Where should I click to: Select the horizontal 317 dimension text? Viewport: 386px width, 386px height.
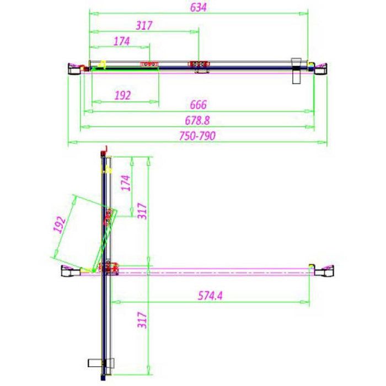pos(143,25)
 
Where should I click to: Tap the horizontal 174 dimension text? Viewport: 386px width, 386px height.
pos(121,41)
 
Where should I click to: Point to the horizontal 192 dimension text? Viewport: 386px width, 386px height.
pos(122,95)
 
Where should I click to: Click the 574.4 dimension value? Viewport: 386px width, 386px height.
pos(211,295)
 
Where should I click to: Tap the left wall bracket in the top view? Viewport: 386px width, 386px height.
pos(73,67)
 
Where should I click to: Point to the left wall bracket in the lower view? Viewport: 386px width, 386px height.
pos(71,270)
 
